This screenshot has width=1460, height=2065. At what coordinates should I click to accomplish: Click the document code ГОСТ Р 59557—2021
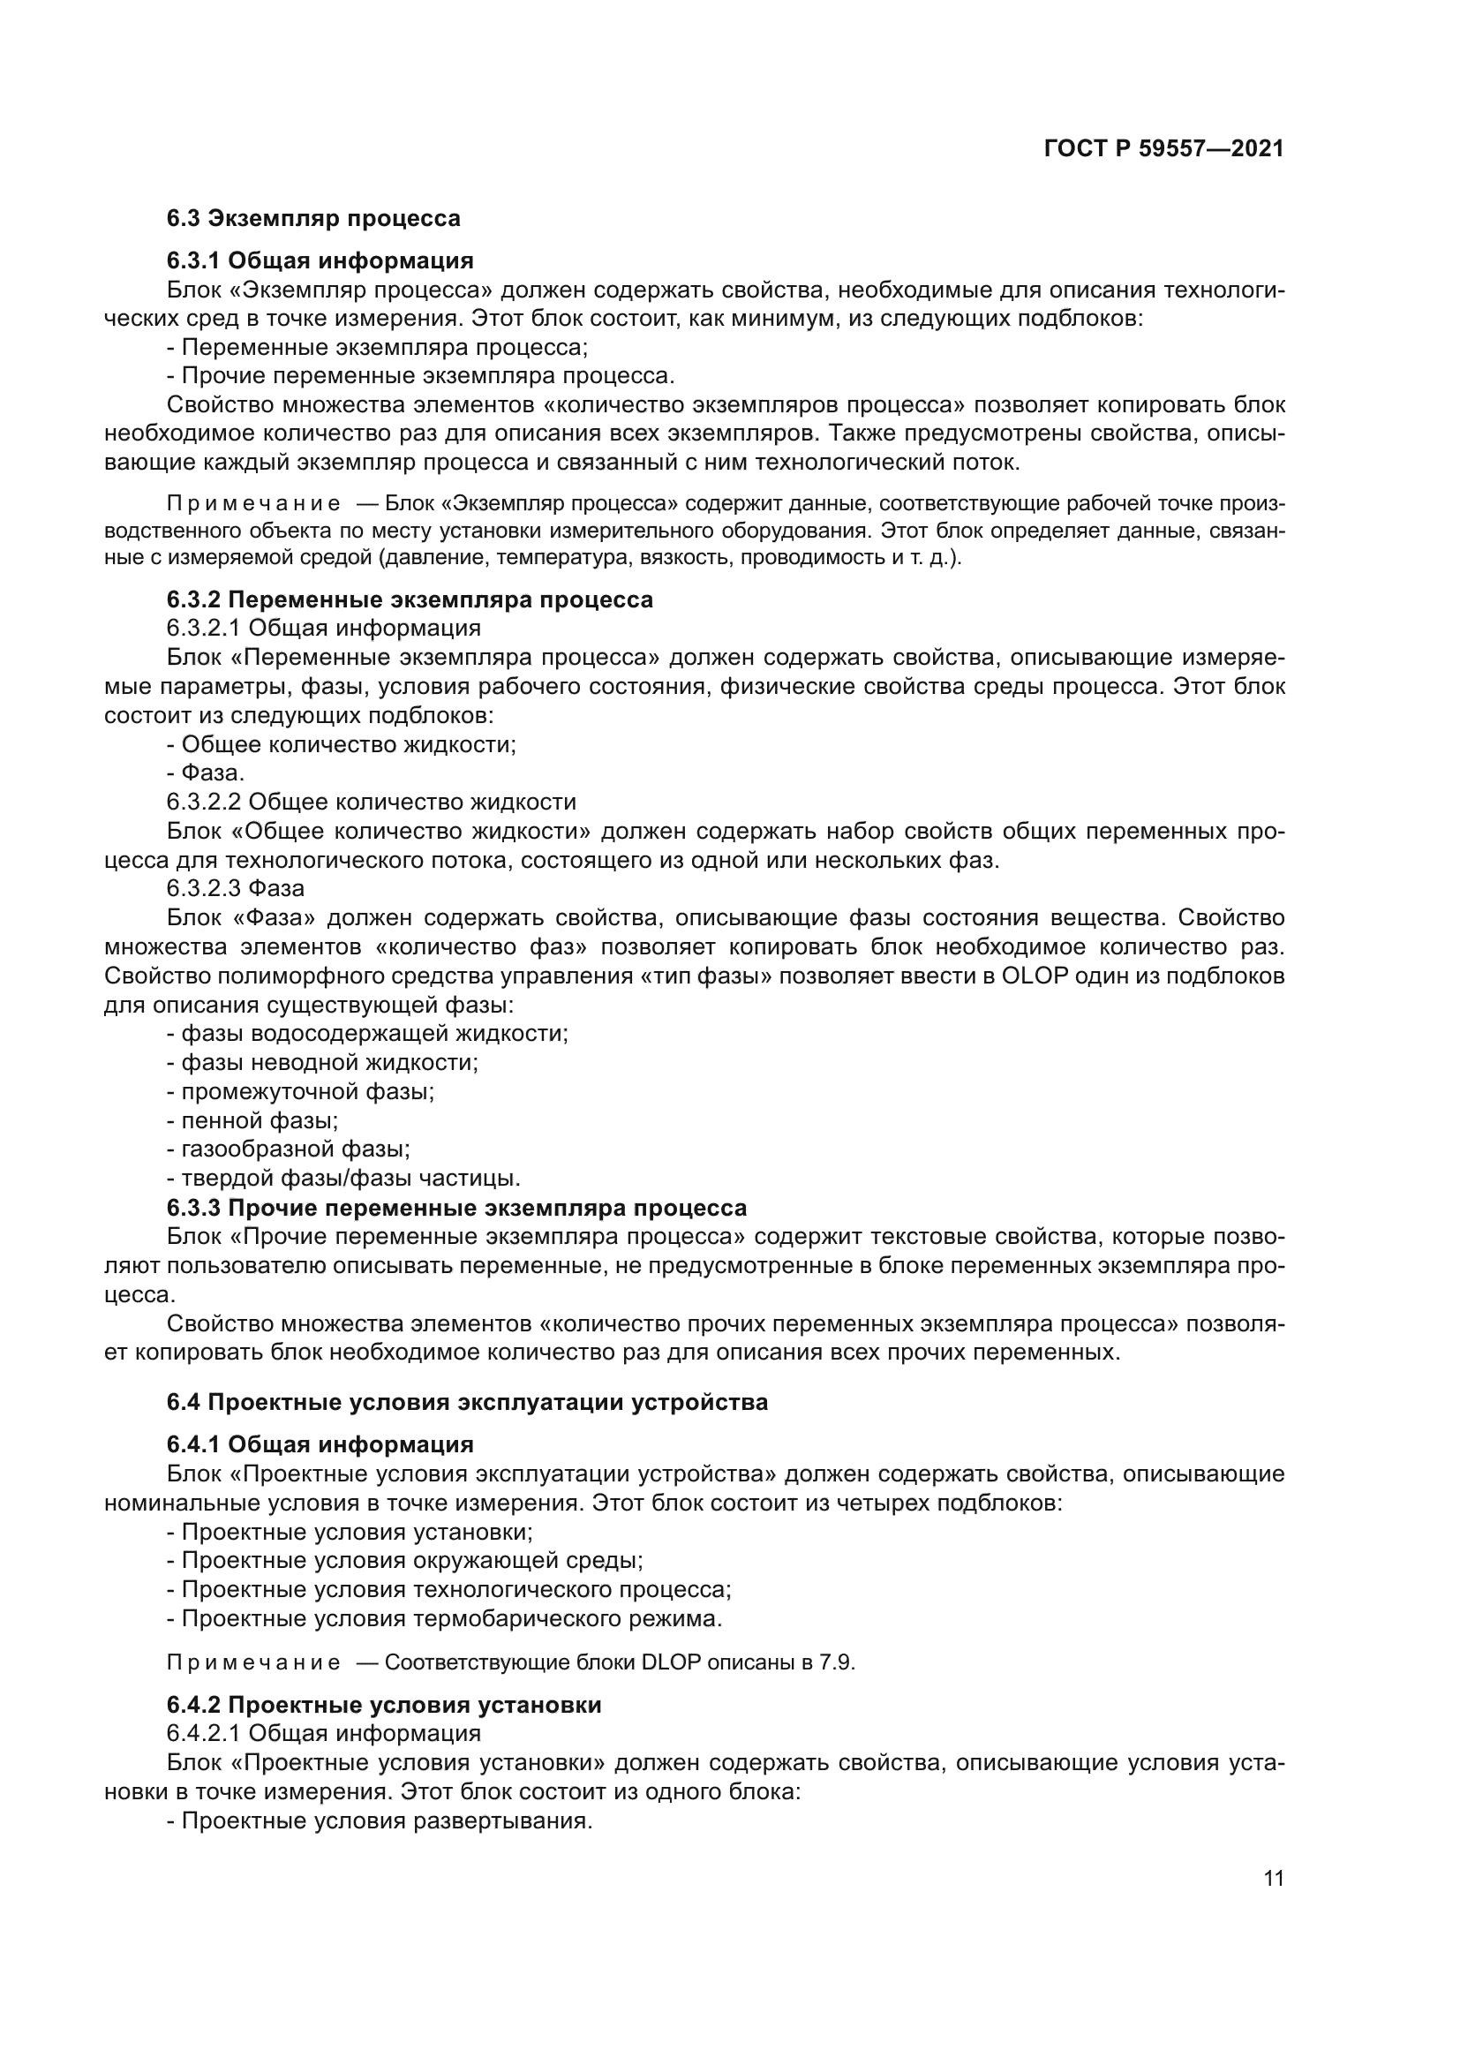tap(1163, 149)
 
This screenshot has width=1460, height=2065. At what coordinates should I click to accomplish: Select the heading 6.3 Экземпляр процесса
tap(312, 219)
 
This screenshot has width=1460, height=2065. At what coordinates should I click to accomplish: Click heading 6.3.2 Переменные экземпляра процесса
tap(409, 599)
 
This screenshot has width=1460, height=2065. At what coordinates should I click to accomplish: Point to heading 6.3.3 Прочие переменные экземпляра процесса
tap(455, 1208)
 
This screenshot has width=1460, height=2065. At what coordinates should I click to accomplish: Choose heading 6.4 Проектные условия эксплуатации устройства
tap(467, 1402)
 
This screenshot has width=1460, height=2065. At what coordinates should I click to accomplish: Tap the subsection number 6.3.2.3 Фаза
tap(236, 889)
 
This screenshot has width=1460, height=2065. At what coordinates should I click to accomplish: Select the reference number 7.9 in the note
tap(835, 1662)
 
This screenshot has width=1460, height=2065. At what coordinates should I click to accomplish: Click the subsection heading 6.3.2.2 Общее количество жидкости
tap(371, 803)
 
